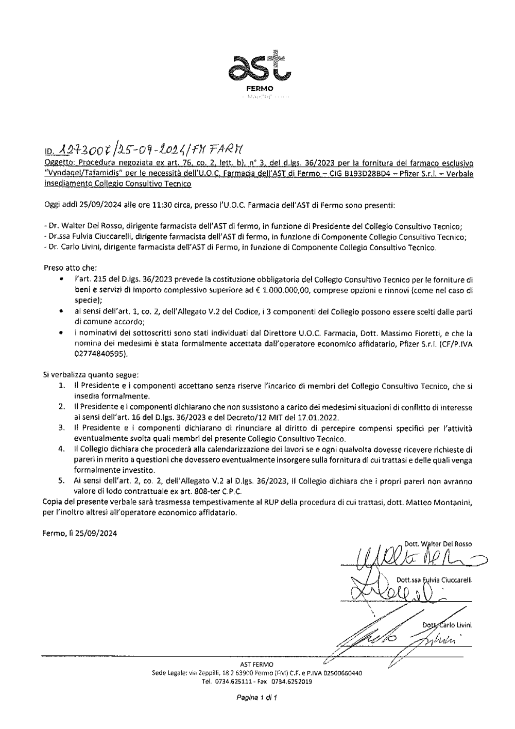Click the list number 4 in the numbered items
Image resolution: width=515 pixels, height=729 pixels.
[x=61, y=450]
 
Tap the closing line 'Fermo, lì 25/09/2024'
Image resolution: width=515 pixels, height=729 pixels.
[x=80, y=534]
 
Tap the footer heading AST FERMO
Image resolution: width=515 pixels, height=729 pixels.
[x=257, y=664]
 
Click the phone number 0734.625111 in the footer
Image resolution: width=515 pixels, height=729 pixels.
[x=232, y=681]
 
